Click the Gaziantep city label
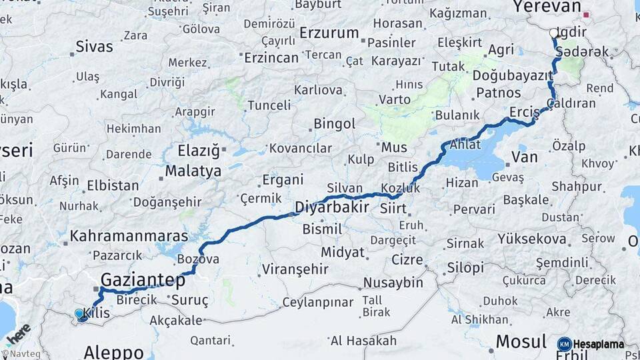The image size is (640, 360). pos(143,279)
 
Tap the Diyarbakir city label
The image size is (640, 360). pos(331,207)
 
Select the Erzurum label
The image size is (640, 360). pos(329,33)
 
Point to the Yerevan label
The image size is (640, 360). pos(547,7)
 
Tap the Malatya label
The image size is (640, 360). pos(193,171)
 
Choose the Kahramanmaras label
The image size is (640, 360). pos(129,236)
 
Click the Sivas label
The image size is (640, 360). pos(94,47)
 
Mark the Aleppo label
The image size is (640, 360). pos(114,352)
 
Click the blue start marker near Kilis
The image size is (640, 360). pos(79,313)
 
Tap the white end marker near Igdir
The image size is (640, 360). pos(553,32)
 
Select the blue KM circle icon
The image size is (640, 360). pos(564,344)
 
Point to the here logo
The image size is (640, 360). pos(18,333)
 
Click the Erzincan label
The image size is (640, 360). pos(271,58)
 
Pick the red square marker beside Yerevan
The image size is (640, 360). pos(586,15)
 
